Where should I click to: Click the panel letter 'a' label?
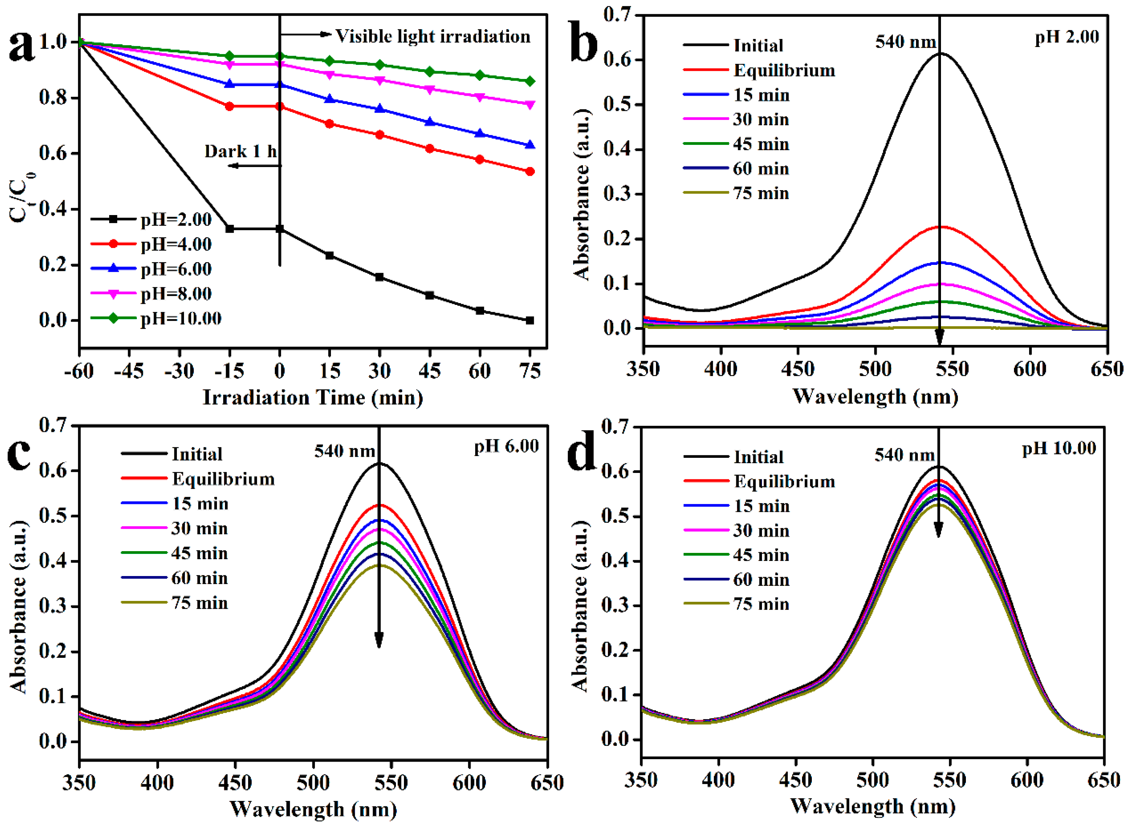pyautogui.click(x=22, y=46)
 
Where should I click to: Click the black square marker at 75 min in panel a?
pyautogui.click(x=530, y=320)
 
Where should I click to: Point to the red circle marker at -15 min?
pyautogui.click(x=230, y=106)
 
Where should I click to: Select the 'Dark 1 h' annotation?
pyautogui.click(x=240, y=151)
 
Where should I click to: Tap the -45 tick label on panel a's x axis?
pyautogui.click(x=129, y=371)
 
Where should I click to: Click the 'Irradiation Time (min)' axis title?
pyautogui.click(x=313, y=397)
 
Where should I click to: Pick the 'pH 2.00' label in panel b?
pyautogui.click(x=1066, y=37)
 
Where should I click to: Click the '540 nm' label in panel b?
pyautogui.click(x=905, y=42)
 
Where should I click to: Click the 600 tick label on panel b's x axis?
pyautogui.click(x=1030, y=369)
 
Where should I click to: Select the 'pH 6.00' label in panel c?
pyautogui.click(x=506, y=446)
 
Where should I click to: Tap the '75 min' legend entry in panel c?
pyautogui.click(x=199, y=603)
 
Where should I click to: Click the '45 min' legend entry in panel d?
pyautogui.click(x=761, y=555)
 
